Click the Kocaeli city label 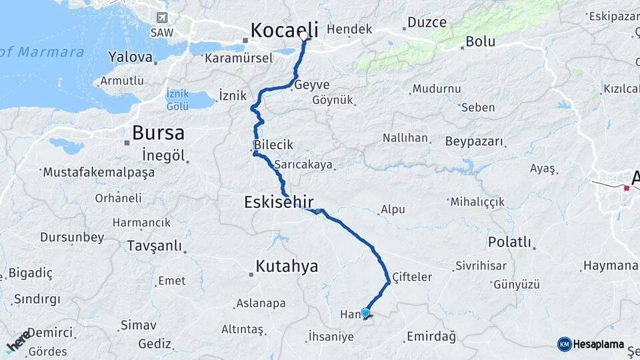tap(285, 30)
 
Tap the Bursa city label tap(158, 133)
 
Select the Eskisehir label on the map tap(279, 201)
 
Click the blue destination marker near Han tap(365, 313)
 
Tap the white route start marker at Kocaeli tap(304, 36)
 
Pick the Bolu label tap(480, 41)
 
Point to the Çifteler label tap(412, 277)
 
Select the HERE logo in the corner tap(17, 341)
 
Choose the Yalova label tap(130, 57)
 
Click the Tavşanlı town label tap(154, 246)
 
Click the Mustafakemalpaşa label tap(99, 172)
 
